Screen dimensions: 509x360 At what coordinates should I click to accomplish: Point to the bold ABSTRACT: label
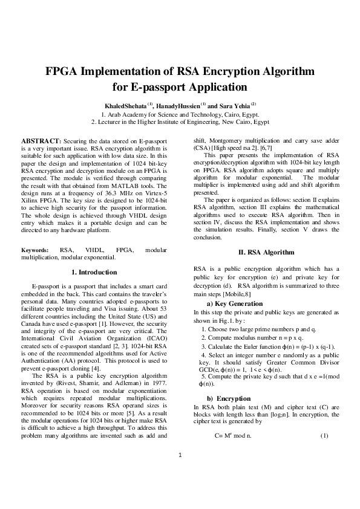coord(41,140)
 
